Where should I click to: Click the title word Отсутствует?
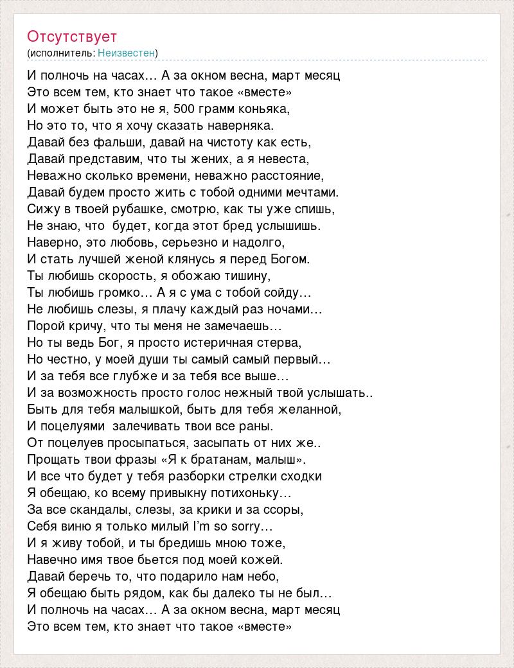72,36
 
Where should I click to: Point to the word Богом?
290,259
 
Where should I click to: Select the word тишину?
245,276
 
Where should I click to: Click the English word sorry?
254,527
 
